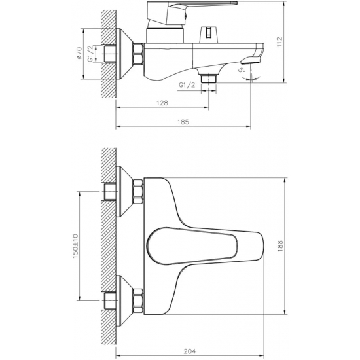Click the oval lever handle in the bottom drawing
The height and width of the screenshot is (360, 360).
(x=190, y=245)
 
